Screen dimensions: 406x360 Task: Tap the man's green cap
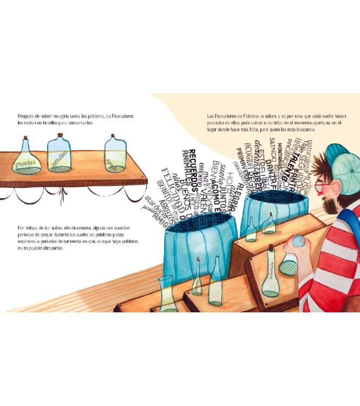[x=341, y=162]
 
